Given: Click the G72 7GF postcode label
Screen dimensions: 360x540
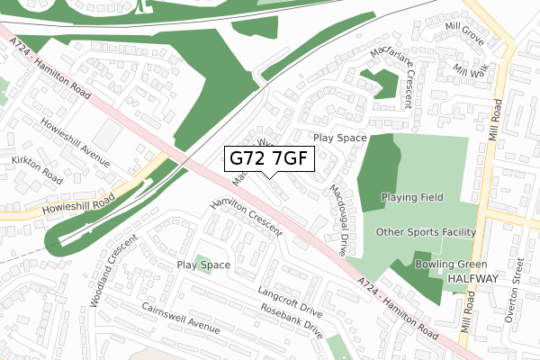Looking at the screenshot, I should point(269,159).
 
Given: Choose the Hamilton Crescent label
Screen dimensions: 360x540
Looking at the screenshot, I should point(245,219).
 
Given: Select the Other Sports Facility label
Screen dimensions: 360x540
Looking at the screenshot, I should point(425,231).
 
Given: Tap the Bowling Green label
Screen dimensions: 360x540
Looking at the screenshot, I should point(451,265).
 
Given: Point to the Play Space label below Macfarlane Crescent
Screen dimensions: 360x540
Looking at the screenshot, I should point(340,139).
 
